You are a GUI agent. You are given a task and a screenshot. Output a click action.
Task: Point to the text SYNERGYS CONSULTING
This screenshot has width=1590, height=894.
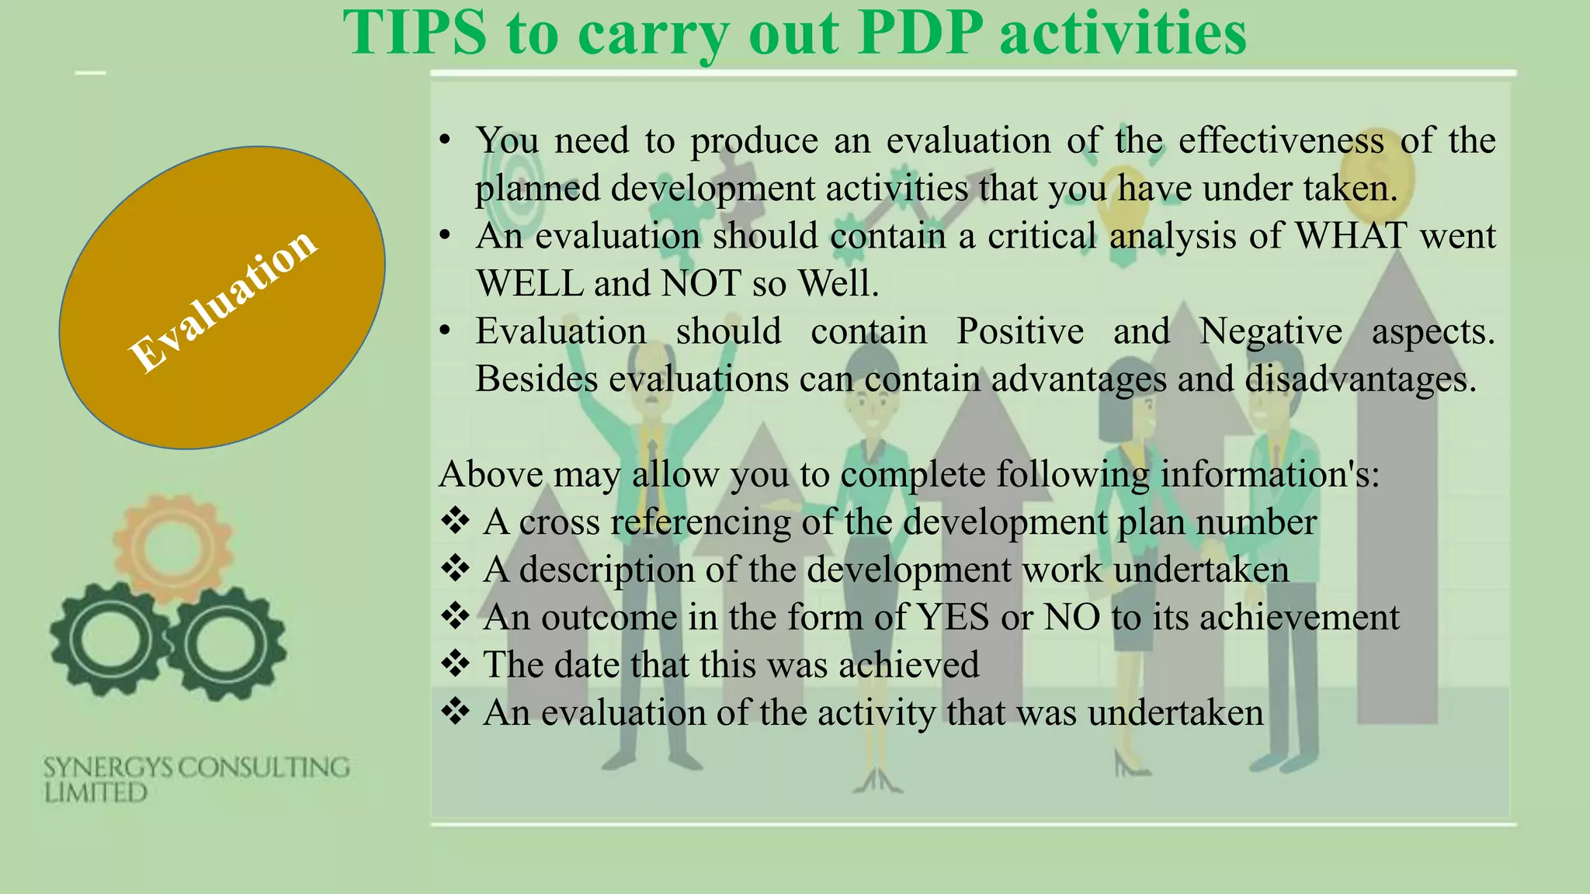pyautogui.click(x=196, y=768)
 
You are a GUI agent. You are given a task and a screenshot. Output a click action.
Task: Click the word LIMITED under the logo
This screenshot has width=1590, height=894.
pyautogui.click(x=95, y=793)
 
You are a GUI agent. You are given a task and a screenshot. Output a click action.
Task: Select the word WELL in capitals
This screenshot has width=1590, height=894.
pyautogui.click(x=529, y=283)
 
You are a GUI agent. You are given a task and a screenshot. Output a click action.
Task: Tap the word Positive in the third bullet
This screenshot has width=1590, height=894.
pyautogui.click(x=1019, y=331)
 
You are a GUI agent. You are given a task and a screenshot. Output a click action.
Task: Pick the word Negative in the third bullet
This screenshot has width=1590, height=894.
pyautogui.click(x=1270, y=331)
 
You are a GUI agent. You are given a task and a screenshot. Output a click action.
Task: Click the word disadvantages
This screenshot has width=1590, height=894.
pyautogui.click(x=1360, y=379)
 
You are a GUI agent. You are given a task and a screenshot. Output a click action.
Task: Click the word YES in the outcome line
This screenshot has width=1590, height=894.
pyautogui.click(x=953, y=618)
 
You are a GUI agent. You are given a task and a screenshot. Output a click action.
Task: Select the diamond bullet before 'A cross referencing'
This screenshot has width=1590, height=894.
pyautogui.click(x=455, y=521)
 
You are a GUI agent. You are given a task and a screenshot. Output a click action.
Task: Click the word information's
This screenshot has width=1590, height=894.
pyautogui.click(x=1270, y=474)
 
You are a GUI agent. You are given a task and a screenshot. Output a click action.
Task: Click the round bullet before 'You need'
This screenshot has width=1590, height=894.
pyautogui.click(x=444, y=141)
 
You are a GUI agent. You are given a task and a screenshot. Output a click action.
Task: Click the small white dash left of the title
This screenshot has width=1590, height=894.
pyautogui.click(x=90, y=73)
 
